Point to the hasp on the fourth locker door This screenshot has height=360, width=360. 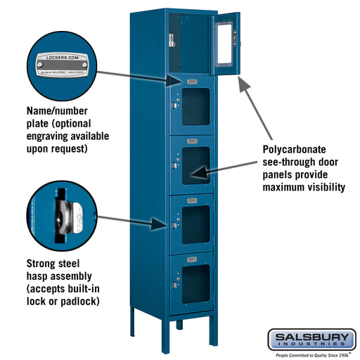pyautogui.click(x=173, y=224)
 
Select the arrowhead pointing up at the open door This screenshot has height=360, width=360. pyautogui.click(x=242, y=84)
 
